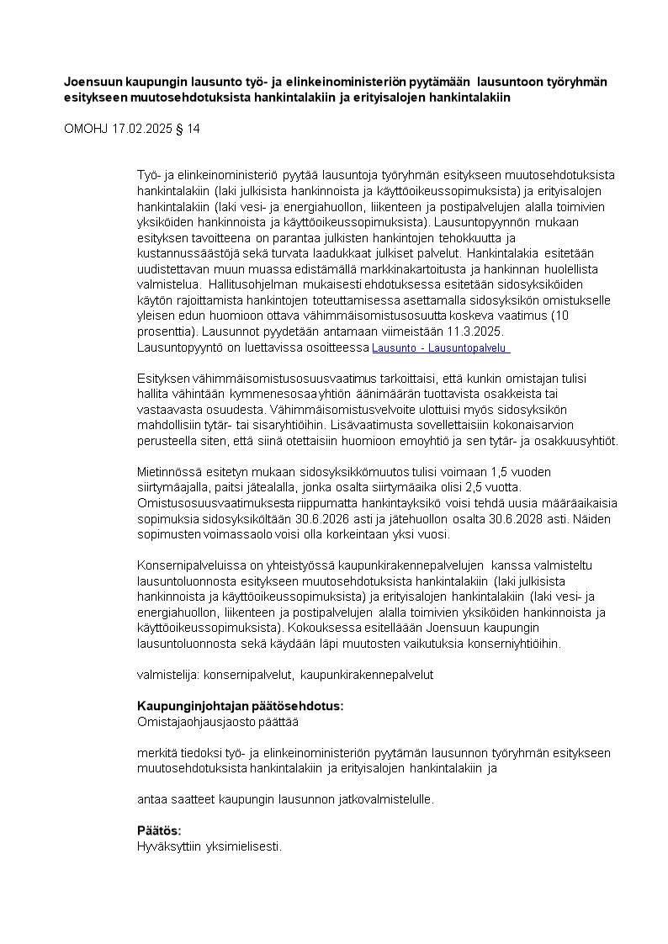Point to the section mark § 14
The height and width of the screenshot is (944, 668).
pos(191,129)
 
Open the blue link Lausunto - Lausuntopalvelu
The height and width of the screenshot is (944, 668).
pos(441,347)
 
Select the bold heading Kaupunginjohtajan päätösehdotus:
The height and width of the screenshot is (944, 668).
pos(240,706)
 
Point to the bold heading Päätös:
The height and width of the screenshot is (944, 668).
pos(159,830)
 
